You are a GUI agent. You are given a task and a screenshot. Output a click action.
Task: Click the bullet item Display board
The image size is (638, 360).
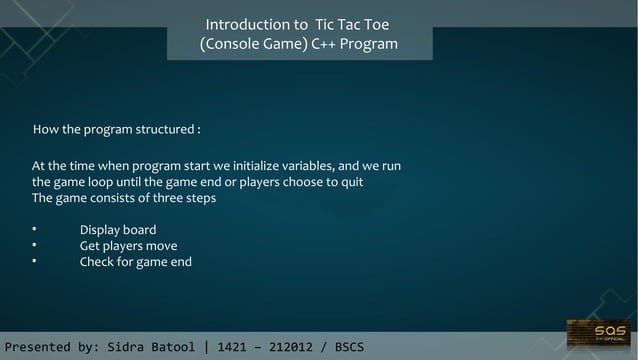tap(118, 230)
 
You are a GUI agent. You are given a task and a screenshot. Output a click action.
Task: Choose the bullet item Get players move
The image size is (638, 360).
tap(128, 246)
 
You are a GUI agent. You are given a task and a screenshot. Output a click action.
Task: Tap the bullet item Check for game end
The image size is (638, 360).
tap(135, 262)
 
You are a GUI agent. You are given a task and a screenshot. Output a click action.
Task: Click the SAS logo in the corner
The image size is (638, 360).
tap(599, 333)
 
